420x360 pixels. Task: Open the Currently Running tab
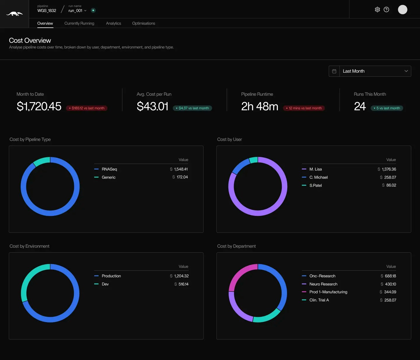point(79,23)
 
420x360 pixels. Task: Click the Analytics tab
point(113,23)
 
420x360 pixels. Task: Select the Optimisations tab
point(143,23)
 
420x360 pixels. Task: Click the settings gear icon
point(377,10)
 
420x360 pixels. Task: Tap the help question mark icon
point(386,10)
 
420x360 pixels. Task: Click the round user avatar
point(402,10)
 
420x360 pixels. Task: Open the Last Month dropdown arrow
point(406,71)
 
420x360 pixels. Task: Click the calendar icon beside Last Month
point(334,71)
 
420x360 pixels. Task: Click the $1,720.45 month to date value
point(39,106)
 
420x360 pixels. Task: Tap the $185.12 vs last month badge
point(87,108)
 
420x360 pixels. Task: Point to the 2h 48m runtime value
point(260,106)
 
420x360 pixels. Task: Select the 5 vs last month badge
point(387,108)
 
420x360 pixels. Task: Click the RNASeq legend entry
point(109,169)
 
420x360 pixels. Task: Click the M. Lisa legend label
point(316,169)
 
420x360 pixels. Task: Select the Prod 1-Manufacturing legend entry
point(328,292)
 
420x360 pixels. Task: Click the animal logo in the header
point(14,14)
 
